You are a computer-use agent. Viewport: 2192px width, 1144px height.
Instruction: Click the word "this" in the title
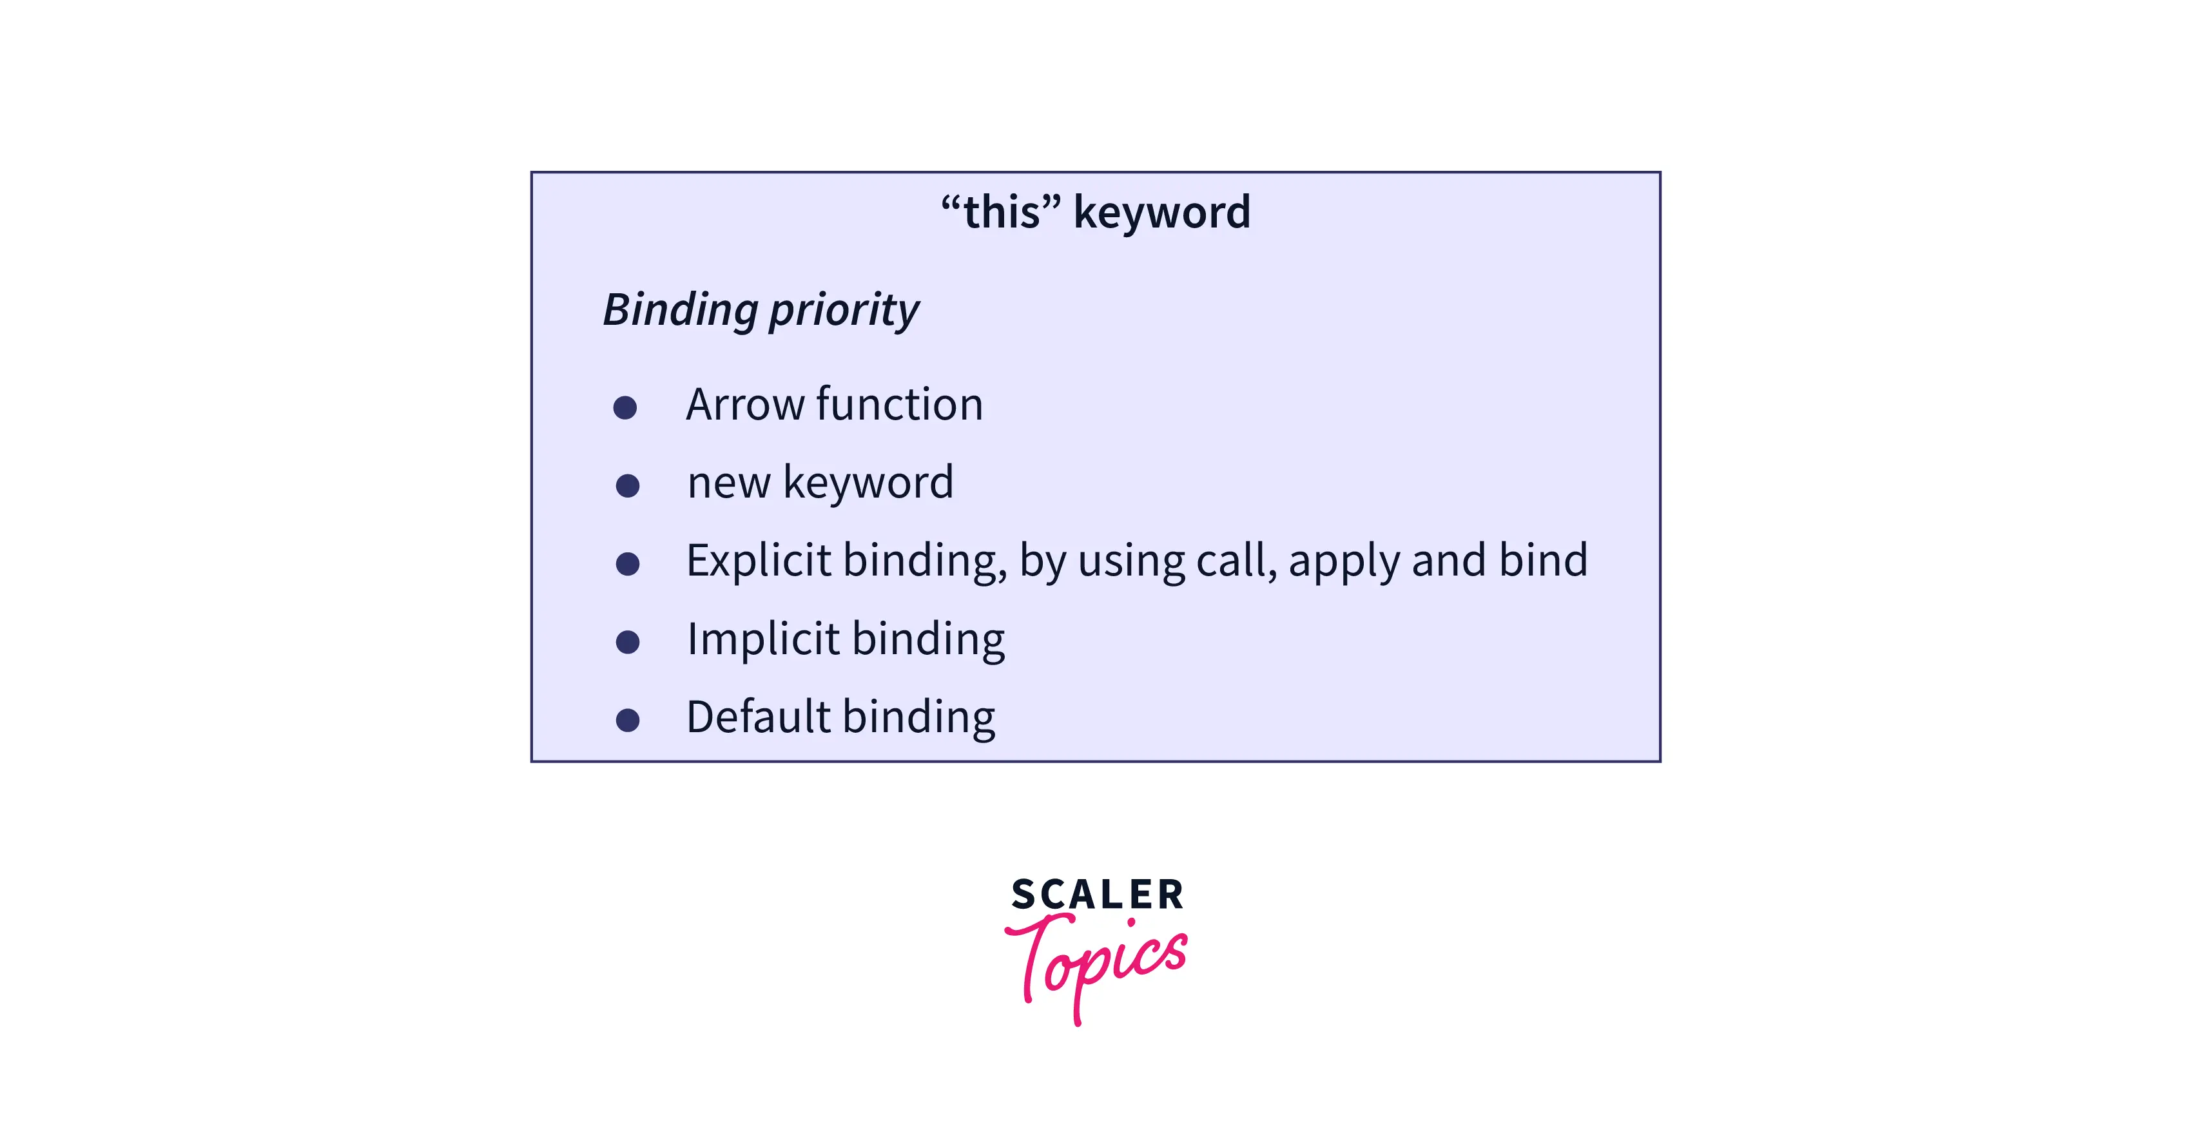(1001, 211)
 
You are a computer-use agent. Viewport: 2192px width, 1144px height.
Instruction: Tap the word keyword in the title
(1161, 213)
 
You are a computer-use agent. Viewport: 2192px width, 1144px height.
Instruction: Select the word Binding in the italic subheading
(680, 310)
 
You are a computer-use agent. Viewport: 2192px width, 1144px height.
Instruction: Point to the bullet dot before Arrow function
(625, 408)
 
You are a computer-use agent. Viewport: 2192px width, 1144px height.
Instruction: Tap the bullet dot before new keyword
(627, 486)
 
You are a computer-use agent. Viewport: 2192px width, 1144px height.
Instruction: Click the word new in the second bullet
(728, 483)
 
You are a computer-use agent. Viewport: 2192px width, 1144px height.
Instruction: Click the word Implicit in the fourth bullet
(763, 639)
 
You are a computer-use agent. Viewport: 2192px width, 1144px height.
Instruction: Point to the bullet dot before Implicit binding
(627, 642)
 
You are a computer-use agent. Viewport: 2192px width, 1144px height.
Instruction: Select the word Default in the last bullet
(757, 717)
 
